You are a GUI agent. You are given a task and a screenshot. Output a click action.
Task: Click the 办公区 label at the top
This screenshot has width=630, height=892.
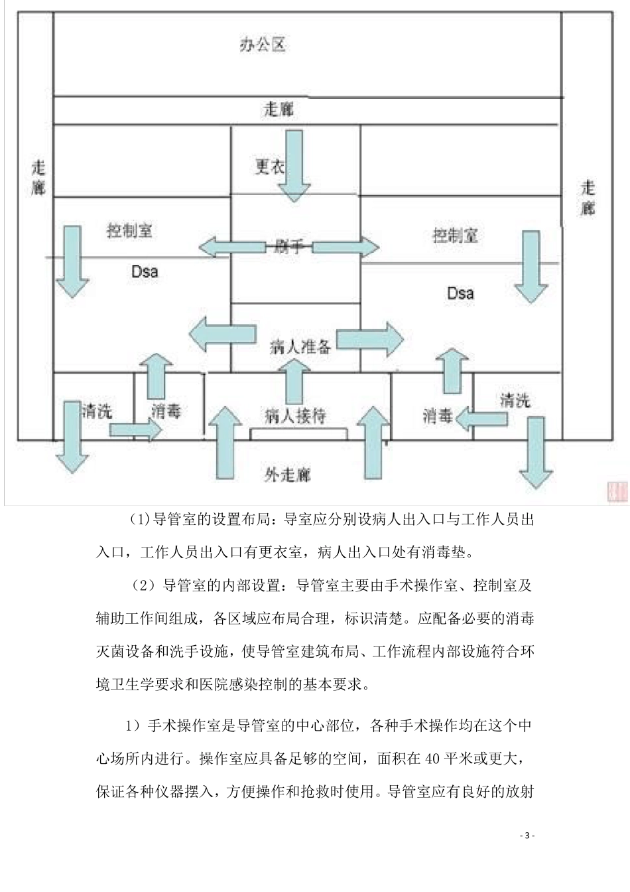[262, 45]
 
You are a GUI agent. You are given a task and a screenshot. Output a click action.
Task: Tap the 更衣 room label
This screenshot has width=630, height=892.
[269, 166]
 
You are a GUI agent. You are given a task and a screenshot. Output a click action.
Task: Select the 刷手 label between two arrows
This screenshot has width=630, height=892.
[288, 248]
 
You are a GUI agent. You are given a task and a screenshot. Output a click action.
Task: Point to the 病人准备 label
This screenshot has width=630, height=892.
[300, 346]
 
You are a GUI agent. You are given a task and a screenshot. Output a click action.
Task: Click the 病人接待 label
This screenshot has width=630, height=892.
[295, 416]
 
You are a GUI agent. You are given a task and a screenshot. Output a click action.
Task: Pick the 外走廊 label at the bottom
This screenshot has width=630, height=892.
[287, 475]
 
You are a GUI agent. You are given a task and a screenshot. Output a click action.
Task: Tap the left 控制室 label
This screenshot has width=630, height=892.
[129, 231]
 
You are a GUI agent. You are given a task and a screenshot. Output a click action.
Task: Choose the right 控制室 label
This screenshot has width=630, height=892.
[455, 236]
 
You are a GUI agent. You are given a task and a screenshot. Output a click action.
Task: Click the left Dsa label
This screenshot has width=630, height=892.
[144, 271]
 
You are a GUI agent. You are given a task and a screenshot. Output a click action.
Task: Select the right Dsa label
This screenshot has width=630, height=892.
[460, 293]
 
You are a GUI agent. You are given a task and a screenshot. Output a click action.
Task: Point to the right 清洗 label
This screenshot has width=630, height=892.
[515, 400]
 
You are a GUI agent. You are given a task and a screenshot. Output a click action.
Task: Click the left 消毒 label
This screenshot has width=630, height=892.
[166, 411]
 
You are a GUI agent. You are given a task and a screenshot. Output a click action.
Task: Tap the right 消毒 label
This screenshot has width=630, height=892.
[437, 416]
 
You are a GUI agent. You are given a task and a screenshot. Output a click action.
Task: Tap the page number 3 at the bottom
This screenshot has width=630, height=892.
[527, 836]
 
